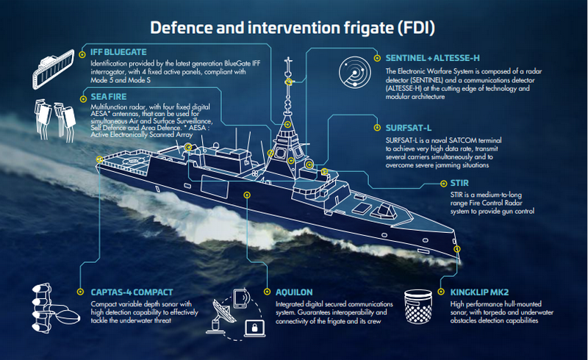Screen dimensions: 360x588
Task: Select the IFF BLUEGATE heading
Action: tap(117, 52)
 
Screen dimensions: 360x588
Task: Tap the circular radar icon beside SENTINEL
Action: tap(354, 72)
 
